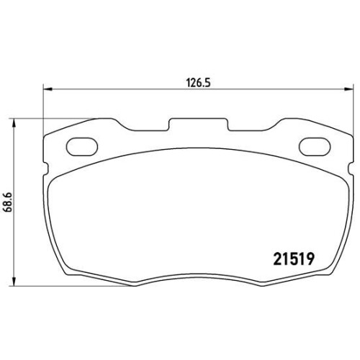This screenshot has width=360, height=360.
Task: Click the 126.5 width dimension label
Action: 198,83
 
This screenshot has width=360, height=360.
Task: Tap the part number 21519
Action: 294,259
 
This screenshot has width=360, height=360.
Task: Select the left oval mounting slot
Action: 82,147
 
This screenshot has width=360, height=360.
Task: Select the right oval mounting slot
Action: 315,147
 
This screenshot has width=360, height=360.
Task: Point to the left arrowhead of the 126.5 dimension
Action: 48,89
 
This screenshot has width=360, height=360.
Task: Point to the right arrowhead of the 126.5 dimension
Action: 349,89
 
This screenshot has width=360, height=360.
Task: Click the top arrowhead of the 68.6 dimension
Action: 14,123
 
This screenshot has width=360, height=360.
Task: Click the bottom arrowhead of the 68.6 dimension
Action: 14,282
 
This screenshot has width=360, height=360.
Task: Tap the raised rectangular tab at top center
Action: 198,125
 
